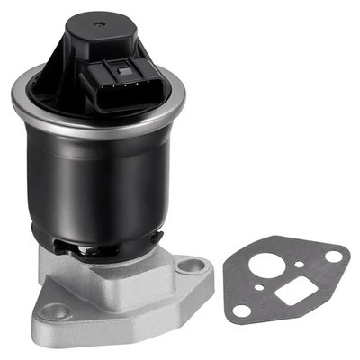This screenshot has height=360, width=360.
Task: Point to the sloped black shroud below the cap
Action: click(54, 85)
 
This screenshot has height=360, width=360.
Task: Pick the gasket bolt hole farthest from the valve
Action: click(334, 256)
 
